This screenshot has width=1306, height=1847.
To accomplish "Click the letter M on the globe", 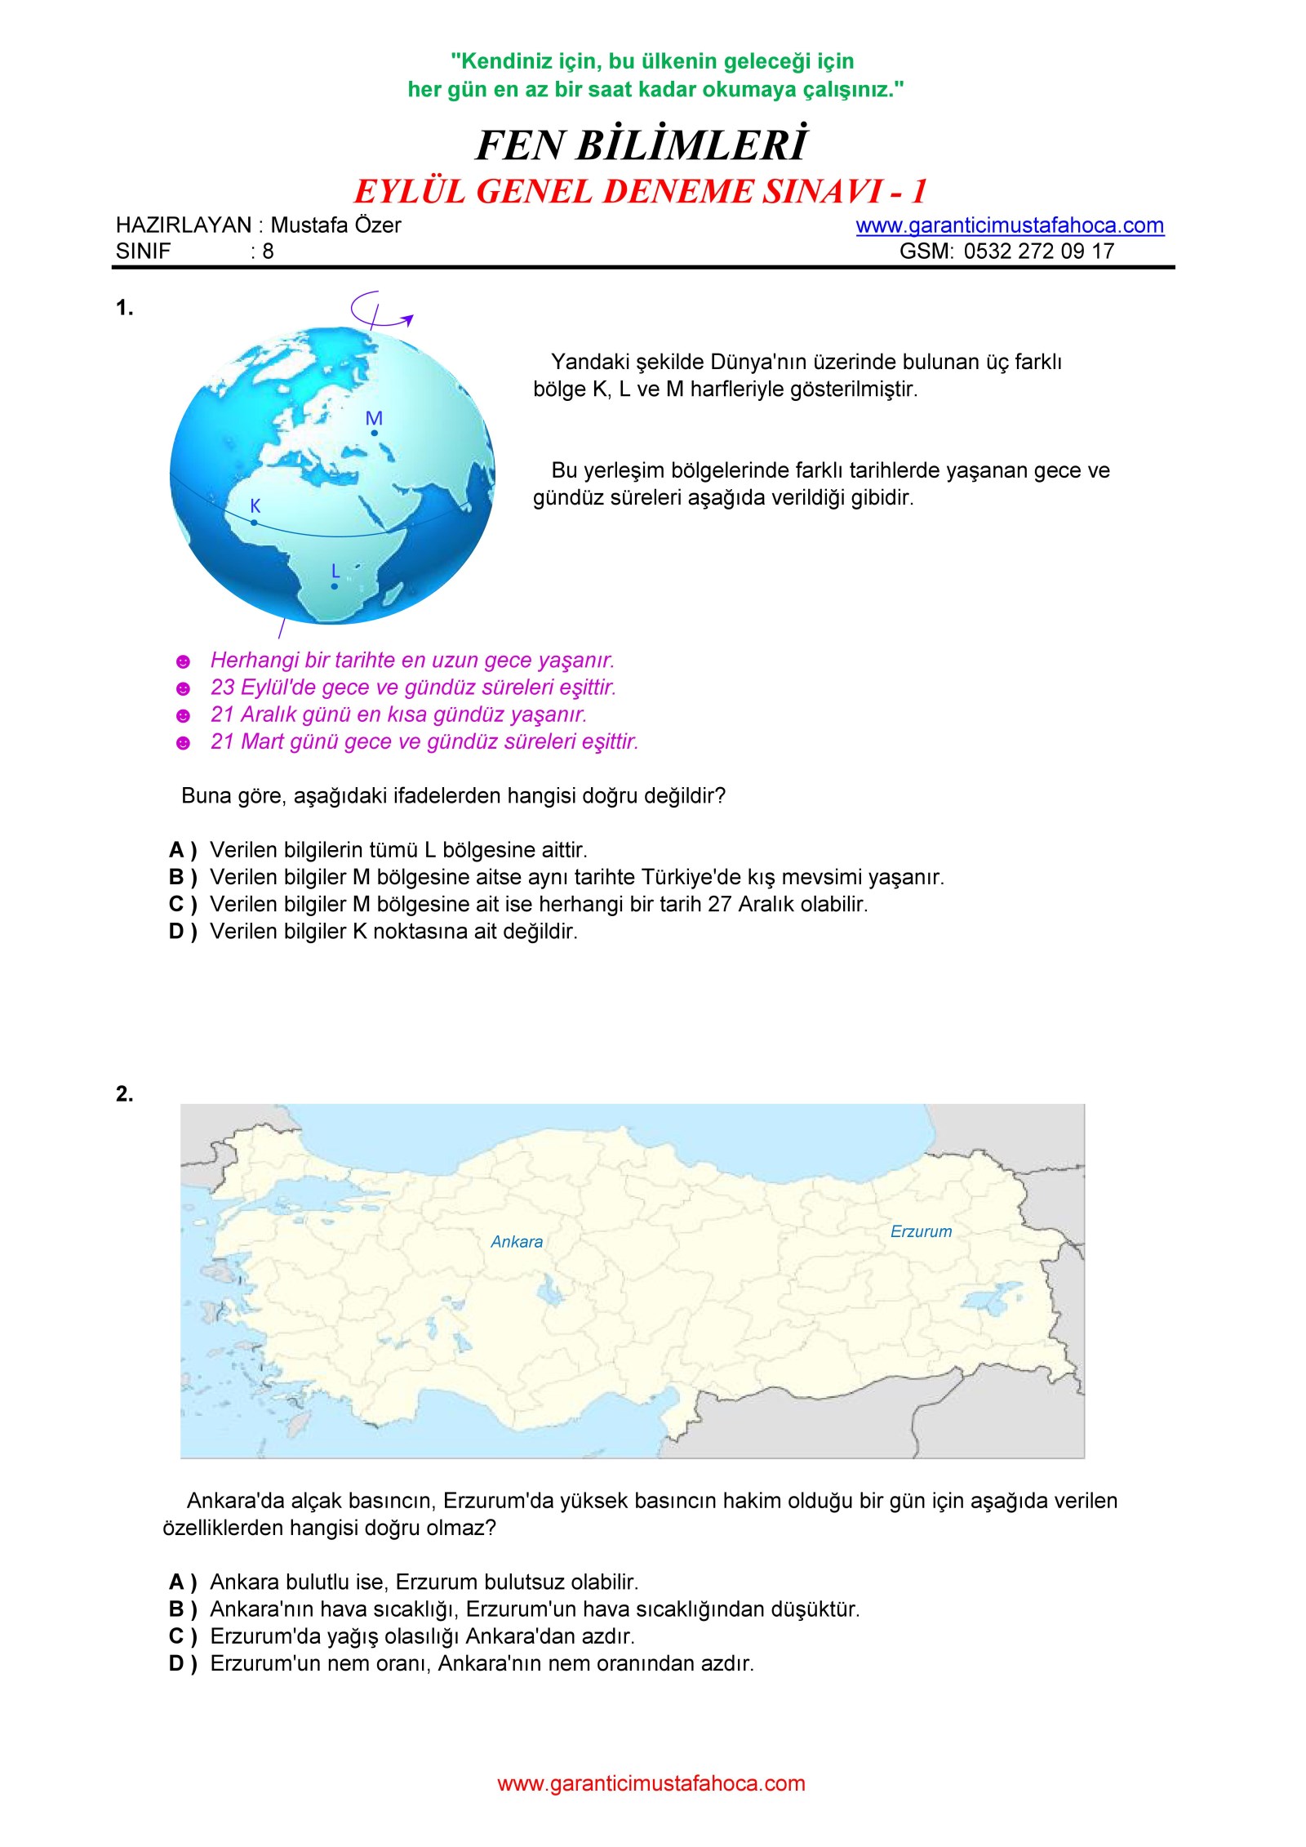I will [374, 418].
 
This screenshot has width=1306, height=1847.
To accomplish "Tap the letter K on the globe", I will [255, 505].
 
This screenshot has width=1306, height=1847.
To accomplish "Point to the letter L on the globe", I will [335, 571].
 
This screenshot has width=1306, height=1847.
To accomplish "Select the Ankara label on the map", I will [517, 1242].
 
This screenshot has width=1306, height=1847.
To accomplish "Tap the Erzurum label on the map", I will [921, 1231].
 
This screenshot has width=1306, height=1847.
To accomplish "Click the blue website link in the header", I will [1009, 225].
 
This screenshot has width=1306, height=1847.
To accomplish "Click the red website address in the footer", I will [651, 1783].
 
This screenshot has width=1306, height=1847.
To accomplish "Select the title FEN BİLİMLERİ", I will [642, 145].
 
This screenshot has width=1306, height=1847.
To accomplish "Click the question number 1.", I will [124, 308].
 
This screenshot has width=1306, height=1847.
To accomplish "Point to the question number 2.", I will [124, 1093].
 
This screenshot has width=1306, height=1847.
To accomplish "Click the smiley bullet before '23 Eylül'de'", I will [184, 688].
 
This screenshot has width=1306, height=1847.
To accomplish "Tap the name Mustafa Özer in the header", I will [335, 225].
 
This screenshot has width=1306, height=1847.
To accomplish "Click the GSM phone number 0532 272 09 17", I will [1038, 251].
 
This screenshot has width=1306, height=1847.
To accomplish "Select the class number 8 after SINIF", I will [268, 251].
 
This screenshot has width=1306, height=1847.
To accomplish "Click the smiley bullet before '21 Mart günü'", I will [184, 743].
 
